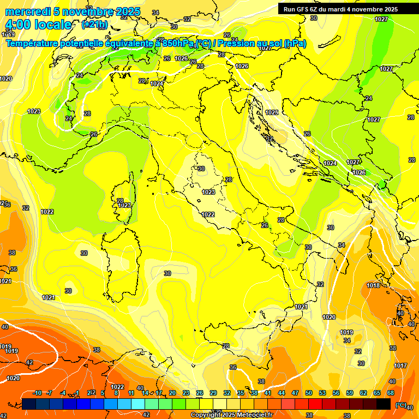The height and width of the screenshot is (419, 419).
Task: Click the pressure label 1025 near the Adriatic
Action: click(272, 112)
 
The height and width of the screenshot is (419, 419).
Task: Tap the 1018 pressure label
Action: click(373, 285)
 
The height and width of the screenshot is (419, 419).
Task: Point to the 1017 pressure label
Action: click(400, 366)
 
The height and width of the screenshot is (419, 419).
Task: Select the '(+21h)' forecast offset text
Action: click(94, 25)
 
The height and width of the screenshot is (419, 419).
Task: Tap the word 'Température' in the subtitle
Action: click(32, 44)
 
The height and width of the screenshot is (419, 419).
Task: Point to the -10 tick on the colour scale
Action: click(38, 393)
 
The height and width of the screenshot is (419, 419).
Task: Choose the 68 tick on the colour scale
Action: click(391, 393)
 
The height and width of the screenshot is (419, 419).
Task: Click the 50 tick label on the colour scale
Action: click(309, 393)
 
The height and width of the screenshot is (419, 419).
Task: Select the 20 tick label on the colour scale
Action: click(172, 393)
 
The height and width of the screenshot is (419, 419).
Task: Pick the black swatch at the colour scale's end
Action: click(384, 404)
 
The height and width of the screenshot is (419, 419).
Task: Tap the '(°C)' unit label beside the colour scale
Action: click(400, 405)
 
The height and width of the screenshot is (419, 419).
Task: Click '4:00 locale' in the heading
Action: click(38, 25)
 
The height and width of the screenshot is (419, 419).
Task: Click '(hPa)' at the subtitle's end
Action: click(295, 44)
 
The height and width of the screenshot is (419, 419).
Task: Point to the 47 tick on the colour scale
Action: click(295, 393)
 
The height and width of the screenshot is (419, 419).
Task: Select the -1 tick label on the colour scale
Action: click(77, 393)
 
